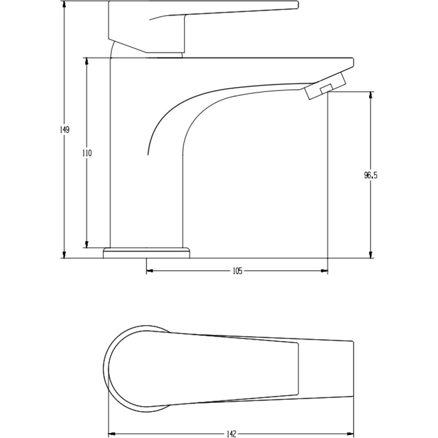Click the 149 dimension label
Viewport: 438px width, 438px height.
(x=64, y=130)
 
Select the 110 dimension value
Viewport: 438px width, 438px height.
(x=86, y=153)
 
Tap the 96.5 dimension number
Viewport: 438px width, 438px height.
(x=372, y=176)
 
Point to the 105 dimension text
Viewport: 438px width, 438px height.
(x=237, y=271)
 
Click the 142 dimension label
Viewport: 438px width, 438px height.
(x=232, y=432)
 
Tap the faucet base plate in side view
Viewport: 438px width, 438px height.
(x=147, y=252)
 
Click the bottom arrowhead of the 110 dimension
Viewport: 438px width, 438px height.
(x=86, y=244)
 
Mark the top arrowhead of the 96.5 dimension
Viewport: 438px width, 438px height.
(x=372, y=94)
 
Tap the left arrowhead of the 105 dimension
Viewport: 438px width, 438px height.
(x=150, y=271)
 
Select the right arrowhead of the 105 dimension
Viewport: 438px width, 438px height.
(x=325, y=271)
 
